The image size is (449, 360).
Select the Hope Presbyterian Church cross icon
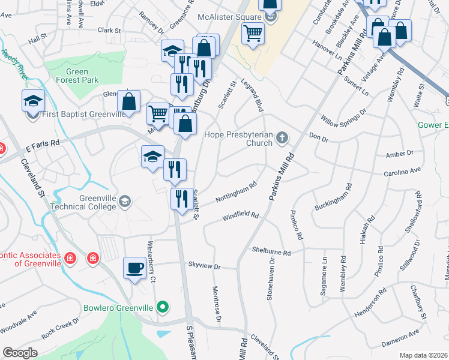tap(282, 139)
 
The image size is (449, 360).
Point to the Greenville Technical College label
tap(88, 202)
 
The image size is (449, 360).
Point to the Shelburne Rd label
tap(271, 250)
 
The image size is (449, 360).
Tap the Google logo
tap(20, 353)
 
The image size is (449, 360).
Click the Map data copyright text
tap(424, 355)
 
